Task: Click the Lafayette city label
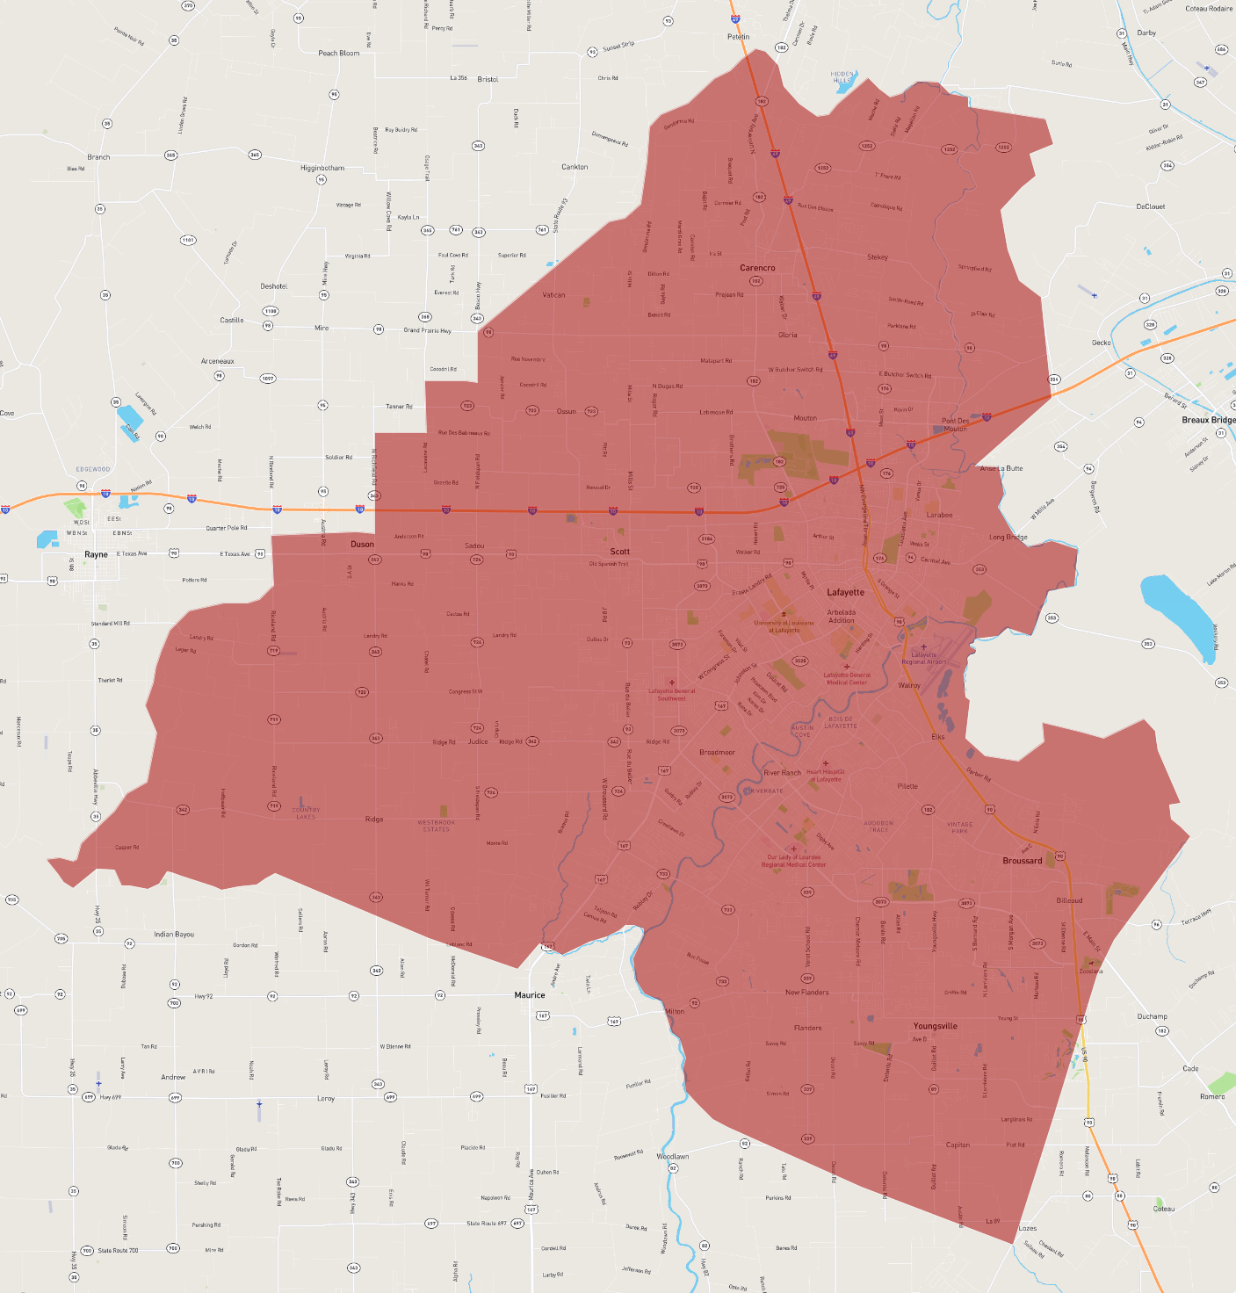click(845, 592)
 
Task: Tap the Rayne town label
click(96, 554)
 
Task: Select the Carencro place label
click(757, 268)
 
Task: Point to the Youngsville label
click(935, 1026)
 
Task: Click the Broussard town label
click(1023, 861)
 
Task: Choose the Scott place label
click(620, 552)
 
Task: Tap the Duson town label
click(362, 545)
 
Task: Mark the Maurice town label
click(530, 995)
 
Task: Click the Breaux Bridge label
click(1208, 420)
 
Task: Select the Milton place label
click(675, 1012)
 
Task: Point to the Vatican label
click(553, 295)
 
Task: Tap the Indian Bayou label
click(174, 935)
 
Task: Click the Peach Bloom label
click(338, 54)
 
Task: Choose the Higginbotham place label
click(322, 168)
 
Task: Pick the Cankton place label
click(575, 167)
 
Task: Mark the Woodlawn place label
click(673, 1156)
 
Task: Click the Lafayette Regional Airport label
click(924, 658)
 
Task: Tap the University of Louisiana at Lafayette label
click(784, 626)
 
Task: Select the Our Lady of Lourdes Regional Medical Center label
click(794, 861)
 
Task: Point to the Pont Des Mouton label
click(956, 424)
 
